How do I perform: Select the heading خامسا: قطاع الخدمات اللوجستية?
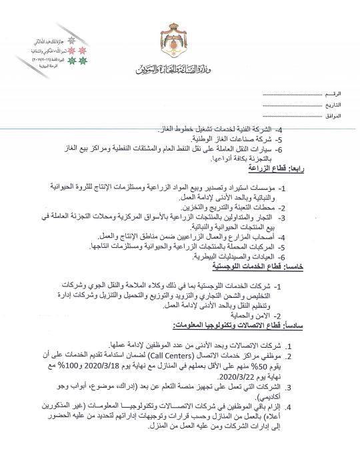click(x=294, y=266)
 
